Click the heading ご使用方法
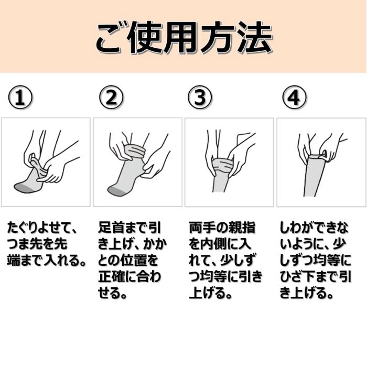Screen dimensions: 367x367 tap(184, 37)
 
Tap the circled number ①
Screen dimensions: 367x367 tap(20, 97)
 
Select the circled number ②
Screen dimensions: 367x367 tap(111, 97)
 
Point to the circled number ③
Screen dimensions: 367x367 tap(200, 97)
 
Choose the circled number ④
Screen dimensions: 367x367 tap(294, 97)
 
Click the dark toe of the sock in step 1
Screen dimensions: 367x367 tap(23, 187)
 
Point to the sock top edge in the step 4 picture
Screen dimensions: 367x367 tap(317, 156)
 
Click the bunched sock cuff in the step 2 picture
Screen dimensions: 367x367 tap(135, 152)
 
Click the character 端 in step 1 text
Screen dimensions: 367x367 tap(14, 261)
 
